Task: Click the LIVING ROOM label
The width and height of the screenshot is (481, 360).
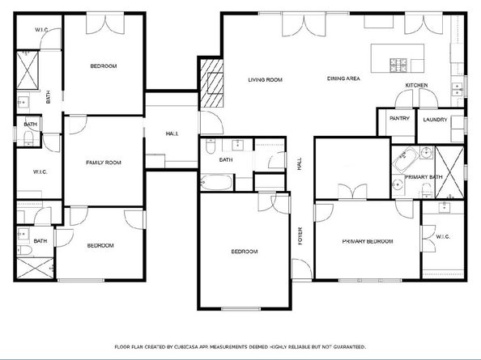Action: pos(264,79)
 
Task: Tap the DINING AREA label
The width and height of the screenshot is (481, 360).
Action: pos(343,78)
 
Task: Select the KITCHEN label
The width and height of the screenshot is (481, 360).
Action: pos(416,85)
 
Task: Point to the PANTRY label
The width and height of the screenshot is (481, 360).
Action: pos(399,119)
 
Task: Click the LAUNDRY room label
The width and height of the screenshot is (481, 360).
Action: pos(436,120)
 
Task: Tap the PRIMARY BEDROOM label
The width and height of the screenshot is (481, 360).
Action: pos(367,241)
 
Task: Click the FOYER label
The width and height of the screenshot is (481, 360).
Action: pos(300,236)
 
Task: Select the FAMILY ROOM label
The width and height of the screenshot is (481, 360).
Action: pos(104,163)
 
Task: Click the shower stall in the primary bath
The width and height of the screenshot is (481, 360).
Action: pos(450,171)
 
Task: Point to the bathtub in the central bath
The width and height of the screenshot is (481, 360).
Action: pos(215,181)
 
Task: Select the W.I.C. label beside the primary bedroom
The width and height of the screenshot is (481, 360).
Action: pos(442,236)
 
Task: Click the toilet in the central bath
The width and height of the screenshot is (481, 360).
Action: pos(209,148)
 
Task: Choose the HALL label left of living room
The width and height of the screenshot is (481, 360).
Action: pos(172,133)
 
